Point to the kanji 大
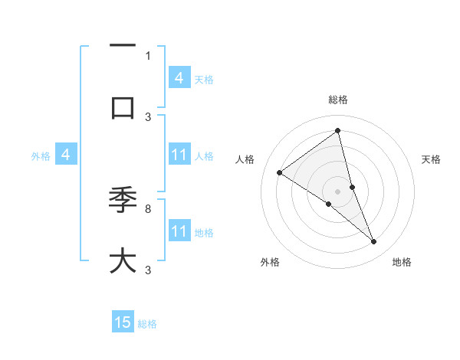pyautogui.click(x=123, y=260)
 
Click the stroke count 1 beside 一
pyautogui.click(x=148, y=55)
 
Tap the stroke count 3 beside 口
pyautogui.click(x=148, y=116)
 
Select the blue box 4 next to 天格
pyautogui.click(x=179, y=77)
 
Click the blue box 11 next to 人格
pyautogui.click(x=179, y=155)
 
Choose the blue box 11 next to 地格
pyautogui.click(x=179, y=231)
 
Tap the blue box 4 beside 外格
pyautogui.click(x=66, y=155)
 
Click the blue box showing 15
pyautogui.click(x=123, y=322)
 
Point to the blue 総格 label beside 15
pyautogui.click(x=147, y=324)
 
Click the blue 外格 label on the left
pyautogui.click(x=41, y=155)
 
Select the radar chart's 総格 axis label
pyautogui.click(x=338, y=100)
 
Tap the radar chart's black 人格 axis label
pyautogui.click(x=245, y=159)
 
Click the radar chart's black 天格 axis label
pyautogui.click(x=431, y=159)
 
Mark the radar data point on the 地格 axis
pyautogui.click(x=374, y=242)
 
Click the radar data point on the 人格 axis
pyautogui.click(x=279, y=172)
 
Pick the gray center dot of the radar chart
pyautogui.click(x=337, y=191)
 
